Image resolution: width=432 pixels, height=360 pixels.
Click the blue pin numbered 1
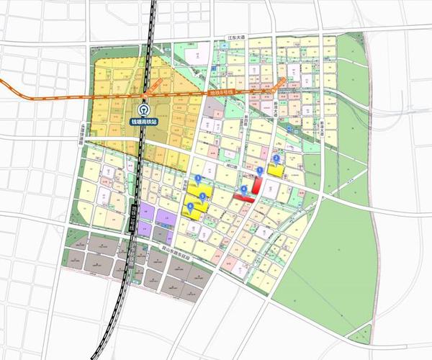[260, 169]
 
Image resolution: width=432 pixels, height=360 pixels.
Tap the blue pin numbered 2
[276, 158]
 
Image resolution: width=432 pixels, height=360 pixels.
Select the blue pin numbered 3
[198, 177]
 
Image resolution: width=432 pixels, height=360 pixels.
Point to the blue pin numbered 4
[244, 189]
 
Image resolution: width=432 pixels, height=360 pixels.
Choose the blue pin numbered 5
[202, 196]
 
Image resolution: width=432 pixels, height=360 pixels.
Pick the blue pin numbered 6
[190, 207]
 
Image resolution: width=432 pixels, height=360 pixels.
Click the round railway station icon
[145, 109]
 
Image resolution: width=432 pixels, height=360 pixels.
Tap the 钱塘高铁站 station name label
[145, 122]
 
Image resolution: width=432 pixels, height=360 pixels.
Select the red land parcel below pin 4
[242, 196]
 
